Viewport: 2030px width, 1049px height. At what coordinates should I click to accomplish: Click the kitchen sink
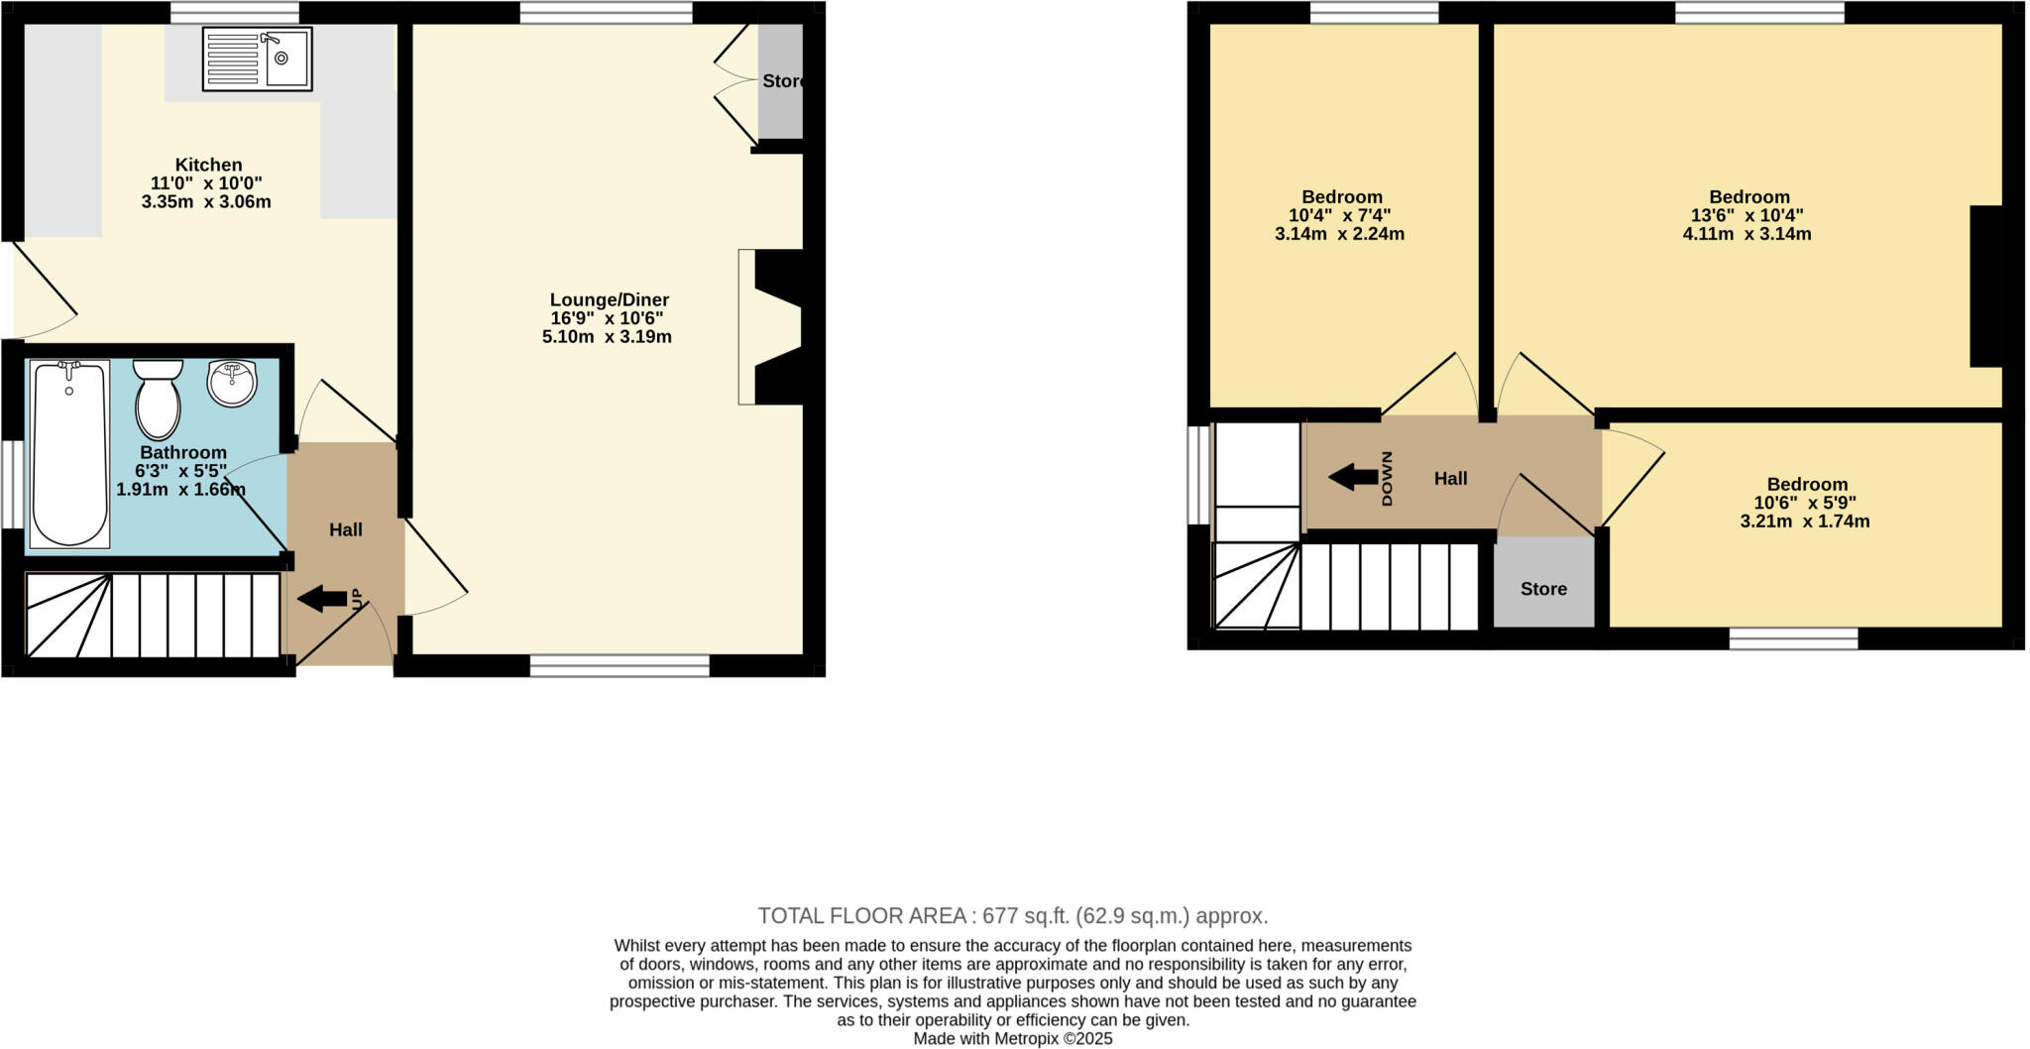click(257, 58)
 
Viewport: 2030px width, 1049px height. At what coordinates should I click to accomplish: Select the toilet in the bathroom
click(158, 399)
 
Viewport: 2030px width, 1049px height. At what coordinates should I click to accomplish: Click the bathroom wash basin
click(232, 383)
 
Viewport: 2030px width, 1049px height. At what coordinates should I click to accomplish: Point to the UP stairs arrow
click(322, 599)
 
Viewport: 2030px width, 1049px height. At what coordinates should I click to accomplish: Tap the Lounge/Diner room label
click(609, 299)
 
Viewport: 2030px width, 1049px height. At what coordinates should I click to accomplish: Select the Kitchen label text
click(208, 165)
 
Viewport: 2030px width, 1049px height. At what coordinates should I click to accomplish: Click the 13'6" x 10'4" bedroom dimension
click(1747, 215)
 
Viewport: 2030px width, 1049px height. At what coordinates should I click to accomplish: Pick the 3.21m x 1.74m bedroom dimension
click(1804, 522)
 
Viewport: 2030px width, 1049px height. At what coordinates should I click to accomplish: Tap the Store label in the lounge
click(782, 81)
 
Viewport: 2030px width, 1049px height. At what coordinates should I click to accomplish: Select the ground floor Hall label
click(345, 530)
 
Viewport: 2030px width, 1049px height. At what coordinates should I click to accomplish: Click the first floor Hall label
click(1450, 479)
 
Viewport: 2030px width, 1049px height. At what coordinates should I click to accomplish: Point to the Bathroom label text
click(183, 452)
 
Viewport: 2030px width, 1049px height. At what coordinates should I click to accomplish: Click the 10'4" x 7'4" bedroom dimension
click(1341, 215)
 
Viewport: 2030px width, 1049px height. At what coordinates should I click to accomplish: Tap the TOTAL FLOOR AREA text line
click(1012, 915)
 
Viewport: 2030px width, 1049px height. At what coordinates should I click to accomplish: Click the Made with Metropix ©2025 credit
click(1012, 1039)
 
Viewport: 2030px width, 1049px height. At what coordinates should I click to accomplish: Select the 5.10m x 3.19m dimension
click(607, 337)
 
